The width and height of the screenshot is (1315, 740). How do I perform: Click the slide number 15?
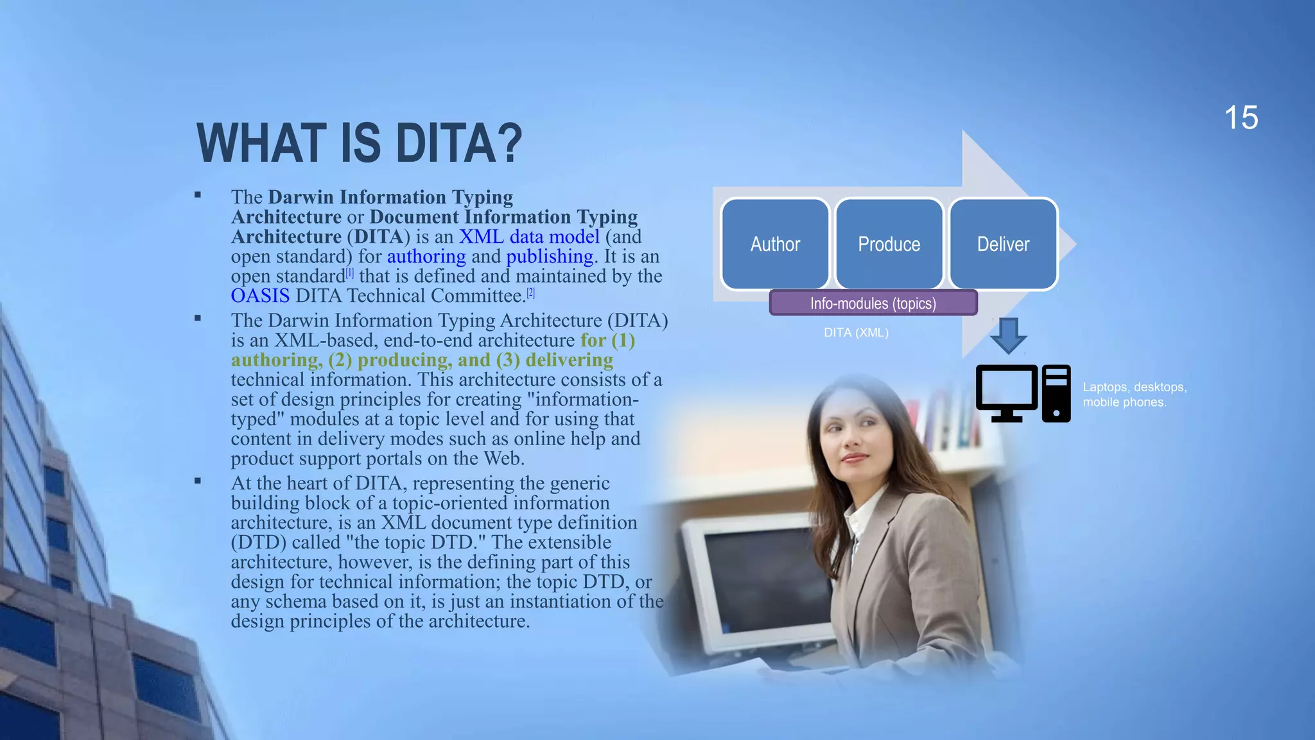1241,118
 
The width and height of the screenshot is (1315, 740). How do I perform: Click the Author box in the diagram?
775,244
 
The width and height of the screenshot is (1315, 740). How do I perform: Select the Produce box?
889,244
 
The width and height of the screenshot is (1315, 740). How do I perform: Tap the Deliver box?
1003,244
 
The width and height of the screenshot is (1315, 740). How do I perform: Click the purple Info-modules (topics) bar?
873,303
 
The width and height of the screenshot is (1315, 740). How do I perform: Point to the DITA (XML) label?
856,333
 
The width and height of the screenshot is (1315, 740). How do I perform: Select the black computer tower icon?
1056,393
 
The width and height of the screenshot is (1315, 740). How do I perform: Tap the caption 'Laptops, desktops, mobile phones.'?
1134,394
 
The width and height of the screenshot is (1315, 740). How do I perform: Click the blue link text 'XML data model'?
529,236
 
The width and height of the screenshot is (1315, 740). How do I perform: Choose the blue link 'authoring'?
426,256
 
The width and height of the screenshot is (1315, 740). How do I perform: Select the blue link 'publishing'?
550,256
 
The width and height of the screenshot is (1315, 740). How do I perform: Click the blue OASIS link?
260,295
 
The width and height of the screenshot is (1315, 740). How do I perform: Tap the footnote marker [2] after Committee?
530,293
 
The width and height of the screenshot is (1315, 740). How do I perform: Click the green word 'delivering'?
569,360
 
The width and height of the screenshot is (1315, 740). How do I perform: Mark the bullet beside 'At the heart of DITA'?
198,480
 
